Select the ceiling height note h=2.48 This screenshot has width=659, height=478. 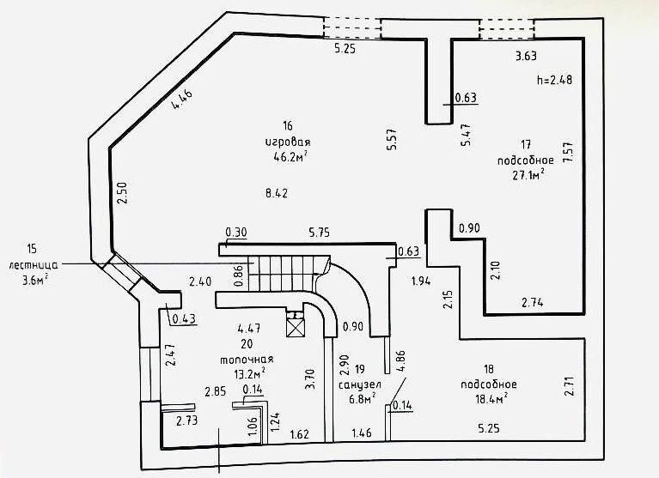554,81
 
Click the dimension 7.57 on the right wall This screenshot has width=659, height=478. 567,155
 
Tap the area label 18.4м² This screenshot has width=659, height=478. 487,397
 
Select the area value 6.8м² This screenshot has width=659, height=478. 362,399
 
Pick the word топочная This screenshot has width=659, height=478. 249,359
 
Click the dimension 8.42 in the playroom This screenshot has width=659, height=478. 277,194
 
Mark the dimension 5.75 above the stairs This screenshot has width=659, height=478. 320,232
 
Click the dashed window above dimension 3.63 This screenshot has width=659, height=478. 506,29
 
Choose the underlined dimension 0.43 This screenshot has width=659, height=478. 184,319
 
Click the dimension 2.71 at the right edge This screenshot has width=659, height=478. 567,385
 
